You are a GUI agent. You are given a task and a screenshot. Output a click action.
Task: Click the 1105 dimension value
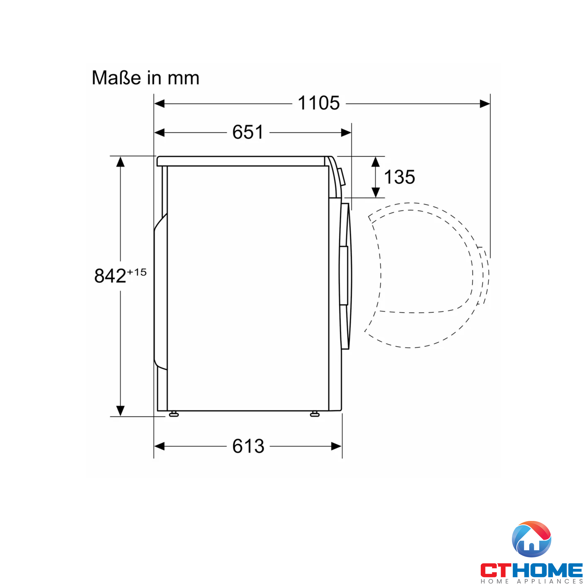[318, 103]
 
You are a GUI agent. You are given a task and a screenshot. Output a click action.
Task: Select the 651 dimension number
[248, 132]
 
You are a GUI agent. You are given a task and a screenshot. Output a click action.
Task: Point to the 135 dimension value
[399, 177]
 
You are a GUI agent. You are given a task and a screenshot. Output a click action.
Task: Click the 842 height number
[110, 276]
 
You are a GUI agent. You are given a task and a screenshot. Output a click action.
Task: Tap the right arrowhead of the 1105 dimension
[485, 104]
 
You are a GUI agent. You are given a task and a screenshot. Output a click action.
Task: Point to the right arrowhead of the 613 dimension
[336, 446]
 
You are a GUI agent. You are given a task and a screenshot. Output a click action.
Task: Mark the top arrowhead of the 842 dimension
[121, 162]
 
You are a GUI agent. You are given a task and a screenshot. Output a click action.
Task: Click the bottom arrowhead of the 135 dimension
[376, 192]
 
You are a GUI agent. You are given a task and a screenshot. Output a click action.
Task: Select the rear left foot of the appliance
[174, 414]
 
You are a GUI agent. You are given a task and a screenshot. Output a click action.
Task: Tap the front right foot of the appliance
[314, 414]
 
